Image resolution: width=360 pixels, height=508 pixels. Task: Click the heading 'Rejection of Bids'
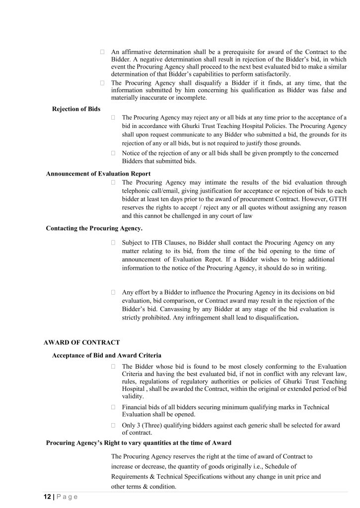click(76, 109)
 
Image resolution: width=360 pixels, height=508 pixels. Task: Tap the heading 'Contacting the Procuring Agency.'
click(94, 228)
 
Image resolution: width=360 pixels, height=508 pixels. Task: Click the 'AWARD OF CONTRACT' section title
click(81, 342)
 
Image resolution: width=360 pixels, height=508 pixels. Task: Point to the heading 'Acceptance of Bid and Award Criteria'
click(106, 356)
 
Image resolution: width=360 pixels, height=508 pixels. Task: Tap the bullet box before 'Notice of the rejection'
click(113, 153)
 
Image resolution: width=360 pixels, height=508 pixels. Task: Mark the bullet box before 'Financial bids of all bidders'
click(113, 407)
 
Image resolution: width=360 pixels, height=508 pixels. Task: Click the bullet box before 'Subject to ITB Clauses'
click(113, 243)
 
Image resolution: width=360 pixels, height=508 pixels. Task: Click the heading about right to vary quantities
click(138, 443)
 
